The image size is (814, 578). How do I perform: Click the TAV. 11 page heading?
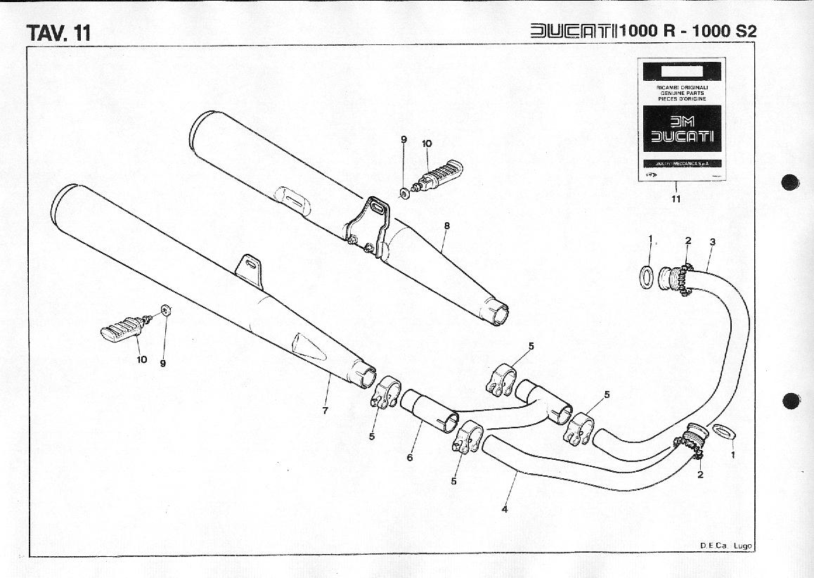(58, 32)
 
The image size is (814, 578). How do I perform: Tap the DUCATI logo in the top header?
(574, 31)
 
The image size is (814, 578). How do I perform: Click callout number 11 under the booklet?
(676, 199)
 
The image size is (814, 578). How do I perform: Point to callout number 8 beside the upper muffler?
(446, 226)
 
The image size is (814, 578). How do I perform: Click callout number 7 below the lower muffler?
(325, 411)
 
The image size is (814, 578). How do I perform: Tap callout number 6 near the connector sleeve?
(410, 457)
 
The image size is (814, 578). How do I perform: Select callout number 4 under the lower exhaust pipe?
(504, 509)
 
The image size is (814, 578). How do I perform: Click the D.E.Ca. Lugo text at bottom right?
(725, 545)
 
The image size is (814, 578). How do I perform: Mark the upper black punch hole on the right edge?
(791, 181)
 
